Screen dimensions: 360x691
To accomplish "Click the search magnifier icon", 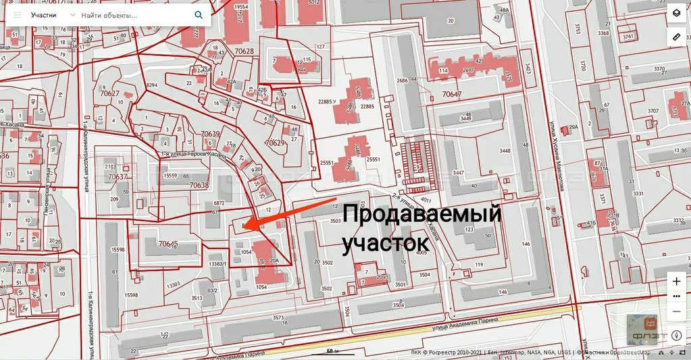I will pyautogui.click(x=198, y=14).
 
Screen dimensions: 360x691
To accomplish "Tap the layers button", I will pyautogui.click(x=677, y=13).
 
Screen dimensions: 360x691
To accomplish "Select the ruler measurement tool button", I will pyautogui.click(x=677, y=37).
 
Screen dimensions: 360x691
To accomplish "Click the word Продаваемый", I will pyautogui.click(x=421, y=216).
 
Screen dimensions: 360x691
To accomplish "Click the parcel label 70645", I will pyautogui.click(x=168, y=243).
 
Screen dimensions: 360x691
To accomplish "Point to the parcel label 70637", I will pyautogui.click(x=118, y=177).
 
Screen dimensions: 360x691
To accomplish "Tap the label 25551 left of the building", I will pyautogui.click(x=328, y=163).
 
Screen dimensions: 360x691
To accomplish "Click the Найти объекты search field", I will pyautogui.click(x=135, y=14).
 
